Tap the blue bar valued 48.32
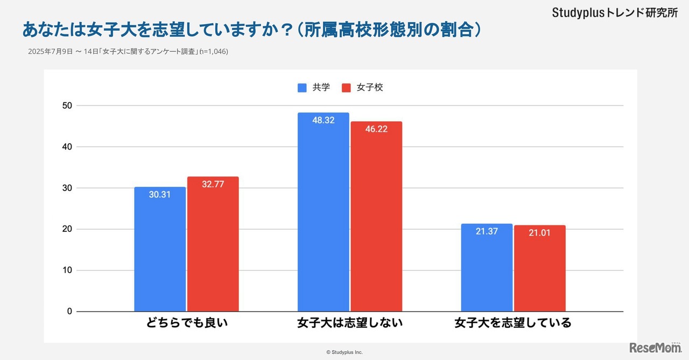point(323,212)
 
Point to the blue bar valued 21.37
point(487,267)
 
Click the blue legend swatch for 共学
point(302,88)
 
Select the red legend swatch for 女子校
point(346,88)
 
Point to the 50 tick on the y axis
point(67,105)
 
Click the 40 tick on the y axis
point(67,147)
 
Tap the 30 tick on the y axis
point(67,188)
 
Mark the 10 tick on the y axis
point(67,270)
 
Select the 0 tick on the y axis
point(69,312)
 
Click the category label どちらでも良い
point(187,323)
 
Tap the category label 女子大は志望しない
point(350,323)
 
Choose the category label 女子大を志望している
point(512,323)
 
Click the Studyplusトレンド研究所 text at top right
point(615,13)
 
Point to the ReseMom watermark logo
point(655,348)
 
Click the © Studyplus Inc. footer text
point(344,352)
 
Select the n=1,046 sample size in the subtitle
point(214,52)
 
